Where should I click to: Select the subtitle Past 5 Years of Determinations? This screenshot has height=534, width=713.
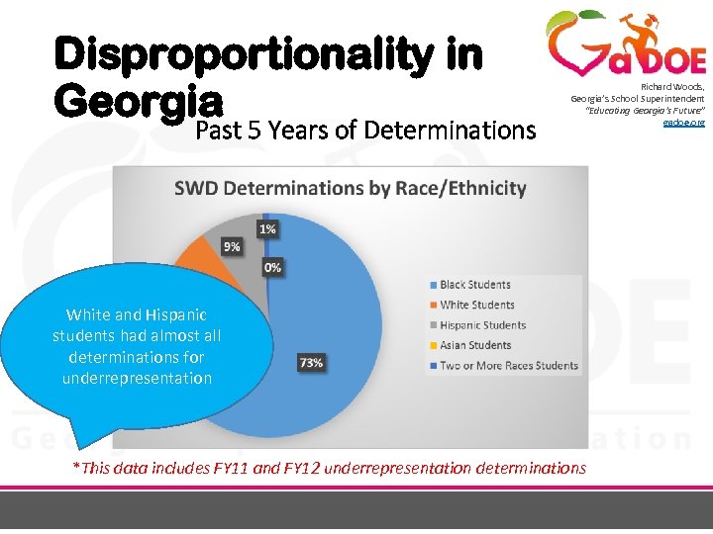[364, 130]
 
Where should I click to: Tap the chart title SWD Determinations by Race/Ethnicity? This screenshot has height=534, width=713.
[351, 188]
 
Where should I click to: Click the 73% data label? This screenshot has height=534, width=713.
[311, 363]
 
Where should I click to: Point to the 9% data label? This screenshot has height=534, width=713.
[231, 246]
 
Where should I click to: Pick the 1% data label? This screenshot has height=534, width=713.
[268, 228]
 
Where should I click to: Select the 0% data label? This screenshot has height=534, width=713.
[271, 267]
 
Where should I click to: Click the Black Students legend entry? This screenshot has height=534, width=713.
[475, 285]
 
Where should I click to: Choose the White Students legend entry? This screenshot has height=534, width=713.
[476, 305]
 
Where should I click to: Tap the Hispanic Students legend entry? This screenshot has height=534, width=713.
[482, 325]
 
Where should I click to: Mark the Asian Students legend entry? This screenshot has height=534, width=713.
[475, 345]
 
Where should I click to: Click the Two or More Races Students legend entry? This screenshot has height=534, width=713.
[508, 365]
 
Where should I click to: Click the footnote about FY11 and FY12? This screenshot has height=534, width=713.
[329, 468]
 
